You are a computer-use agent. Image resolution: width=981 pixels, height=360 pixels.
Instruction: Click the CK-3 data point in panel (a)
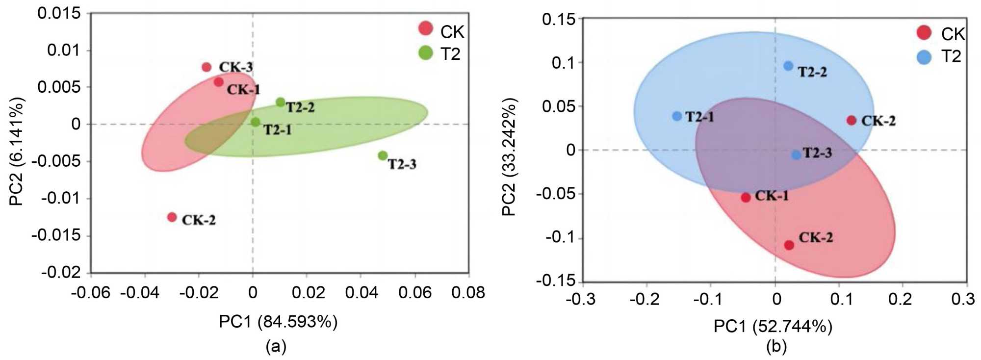(207, 67)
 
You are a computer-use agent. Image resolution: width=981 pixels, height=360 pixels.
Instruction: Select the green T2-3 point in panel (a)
(383, 155)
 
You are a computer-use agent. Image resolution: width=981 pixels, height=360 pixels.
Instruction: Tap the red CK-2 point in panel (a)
(172, 217)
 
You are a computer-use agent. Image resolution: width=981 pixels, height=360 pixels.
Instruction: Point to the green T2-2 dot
(280, 102)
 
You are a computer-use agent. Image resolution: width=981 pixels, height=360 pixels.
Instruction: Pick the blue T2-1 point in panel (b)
(677, 116)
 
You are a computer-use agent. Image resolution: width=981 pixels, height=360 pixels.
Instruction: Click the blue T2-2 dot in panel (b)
(788, 66)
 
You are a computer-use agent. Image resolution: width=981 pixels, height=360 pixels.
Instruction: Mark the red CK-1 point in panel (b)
(746, 197)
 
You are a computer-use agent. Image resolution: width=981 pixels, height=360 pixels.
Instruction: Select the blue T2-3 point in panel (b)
(796, 155)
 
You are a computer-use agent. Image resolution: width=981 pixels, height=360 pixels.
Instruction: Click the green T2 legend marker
(426, 52)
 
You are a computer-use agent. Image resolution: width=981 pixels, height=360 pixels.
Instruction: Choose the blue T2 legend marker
(924, 57)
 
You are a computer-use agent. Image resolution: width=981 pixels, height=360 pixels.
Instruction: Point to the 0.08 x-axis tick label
(468, 293)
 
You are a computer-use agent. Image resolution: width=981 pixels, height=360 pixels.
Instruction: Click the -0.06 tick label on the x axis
(91, 293)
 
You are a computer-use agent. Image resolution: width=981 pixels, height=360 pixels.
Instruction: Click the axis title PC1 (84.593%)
(278, 322)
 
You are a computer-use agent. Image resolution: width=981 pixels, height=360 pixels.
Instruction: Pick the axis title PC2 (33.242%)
(509, 157)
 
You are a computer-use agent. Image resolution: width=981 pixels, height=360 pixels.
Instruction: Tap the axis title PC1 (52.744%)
(773, 326)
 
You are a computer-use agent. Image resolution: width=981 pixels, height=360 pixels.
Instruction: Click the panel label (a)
(276, 347)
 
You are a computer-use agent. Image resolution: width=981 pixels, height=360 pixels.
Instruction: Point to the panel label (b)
(776, 347)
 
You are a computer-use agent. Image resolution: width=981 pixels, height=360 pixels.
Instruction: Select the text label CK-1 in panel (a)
(243, 90)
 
